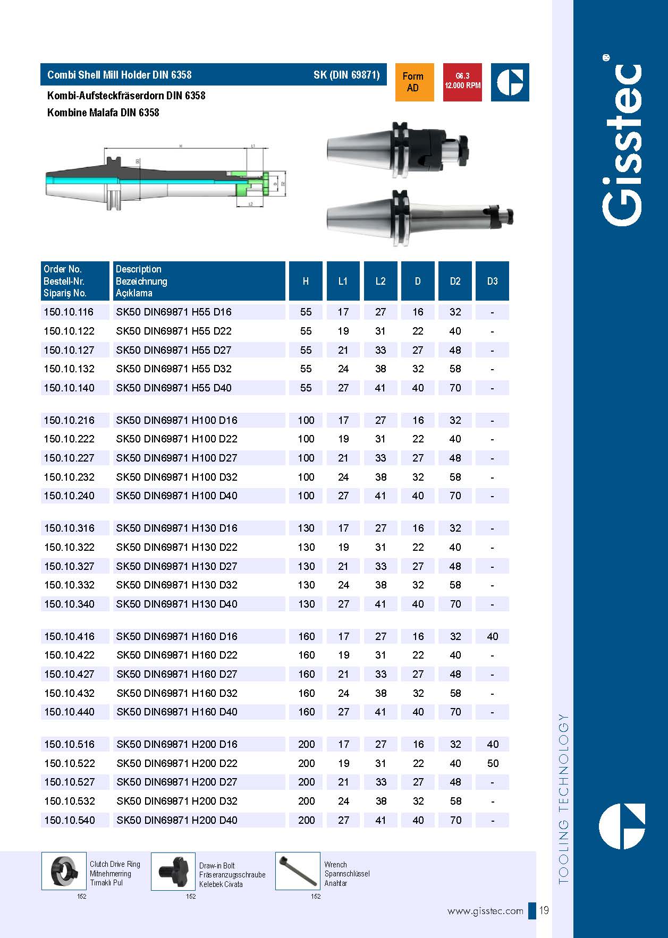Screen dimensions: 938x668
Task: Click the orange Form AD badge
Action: pos(413,82)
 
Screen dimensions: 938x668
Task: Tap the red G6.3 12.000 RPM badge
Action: pos(462,82)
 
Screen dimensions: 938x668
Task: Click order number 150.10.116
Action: pos(69,312)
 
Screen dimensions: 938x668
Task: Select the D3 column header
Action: pos(492,281)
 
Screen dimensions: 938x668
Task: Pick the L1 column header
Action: pos(343,281)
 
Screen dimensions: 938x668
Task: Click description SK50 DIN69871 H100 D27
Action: pos(176,458)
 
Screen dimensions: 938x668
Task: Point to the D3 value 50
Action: pos(493,763)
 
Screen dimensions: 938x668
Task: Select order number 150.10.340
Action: pos(69,604)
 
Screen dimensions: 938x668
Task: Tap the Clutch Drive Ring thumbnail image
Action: pos(64,871)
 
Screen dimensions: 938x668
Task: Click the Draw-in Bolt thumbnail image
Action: pos(173,871)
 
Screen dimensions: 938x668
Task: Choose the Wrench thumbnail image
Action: pos(298,871)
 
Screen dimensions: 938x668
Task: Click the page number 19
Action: pos(544,911)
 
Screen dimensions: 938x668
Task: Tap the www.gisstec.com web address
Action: pos(485,911)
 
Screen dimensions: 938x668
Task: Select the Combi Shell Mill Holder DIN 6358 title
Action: pos(120,75)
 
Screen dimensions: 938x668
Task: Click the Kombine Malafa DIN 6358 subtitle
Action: pos(103,113)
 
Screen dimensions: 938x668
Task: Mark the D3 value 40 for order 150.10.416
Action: pos(493,636)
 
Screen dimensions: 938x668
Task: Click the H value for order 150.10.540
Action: pos(306,820)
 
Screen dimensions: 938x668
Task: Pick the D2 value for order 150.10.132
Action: pos(455,369)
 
